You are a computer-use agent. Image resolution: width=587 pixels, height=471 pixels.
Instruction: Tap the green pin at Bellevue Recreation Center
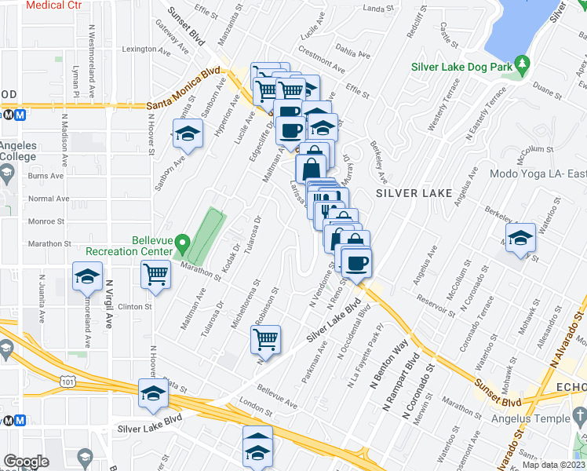click(182, 244)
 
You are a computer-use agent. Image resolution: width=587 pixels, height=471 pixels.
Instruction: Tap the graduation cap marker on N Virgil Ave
click(88, 276)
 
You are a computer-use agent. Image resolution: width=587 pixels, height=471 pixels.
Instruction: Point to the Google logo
click(26, 462)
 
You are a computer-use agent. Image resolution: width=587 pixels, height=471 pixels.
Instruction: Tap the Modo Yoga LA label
click(538, 173)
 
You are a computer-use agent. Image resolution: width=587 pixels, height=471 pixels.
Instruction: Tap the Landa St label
click(378, 9)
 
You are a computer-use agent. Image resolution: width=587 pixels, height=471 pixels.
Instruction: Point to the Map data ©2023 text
click(553, 465)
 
